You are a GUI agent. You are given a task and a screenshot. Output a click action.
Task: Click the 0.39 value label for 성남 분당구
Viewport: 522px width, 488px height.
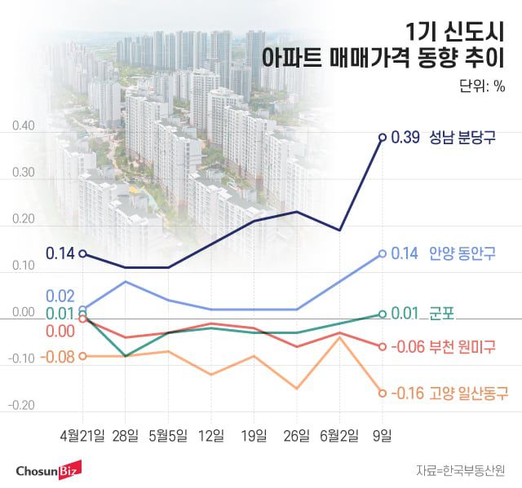point(405,137)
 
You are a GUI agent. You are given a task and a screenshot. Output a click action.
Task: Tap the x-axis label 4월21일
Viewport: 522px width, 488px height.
point(82,436)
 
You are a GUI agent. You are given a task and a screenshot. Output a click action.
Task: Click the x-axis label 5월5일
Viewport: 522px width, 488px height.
point(168,436)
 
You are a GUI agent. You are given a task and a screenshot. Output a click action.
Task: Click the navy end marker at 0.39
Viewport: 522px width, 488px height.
point(382,137)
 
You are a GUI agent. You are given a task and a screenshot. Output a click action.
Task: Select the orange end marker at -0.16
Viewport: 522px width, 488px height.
point(382,393)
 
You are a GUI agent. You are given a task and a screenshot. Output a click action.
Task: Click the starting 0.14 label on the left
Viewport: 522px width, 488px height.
point(60,253)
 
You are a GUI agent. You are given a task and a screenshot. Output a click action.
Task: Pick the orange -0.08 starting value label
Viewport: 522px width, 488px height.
point(60,356)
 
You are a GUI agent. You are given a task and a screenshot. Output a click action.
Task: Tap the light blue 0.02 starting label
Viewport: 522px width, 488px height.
point(61,296)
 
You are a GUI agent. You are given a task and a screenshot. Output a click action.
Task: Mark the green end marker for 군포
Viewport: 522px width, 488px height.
point(382,314)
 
